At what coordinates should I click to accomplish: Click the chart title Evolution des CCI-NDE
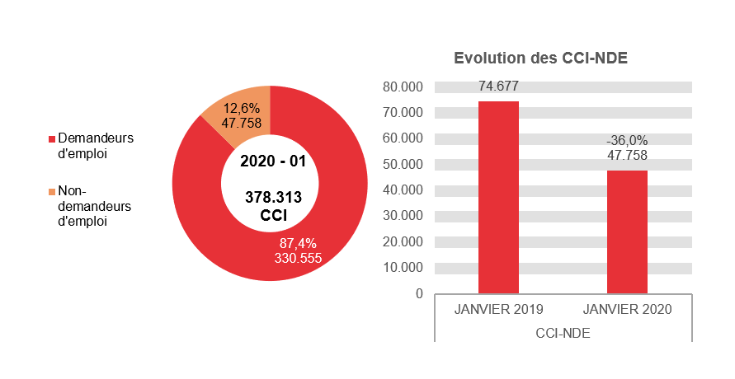(x=540, y=58)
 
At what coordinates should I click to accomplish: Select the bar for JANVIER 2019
(x=498, y=198)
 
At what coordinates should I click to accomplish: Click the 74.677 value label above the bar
(x=498, y=86)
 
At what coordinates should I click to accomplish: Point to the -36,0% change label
(x=627, y=141)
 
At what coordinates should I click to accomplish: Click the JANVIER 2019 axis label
(x=498, y=310)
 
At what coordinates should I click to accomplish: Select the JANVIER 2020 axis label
(x=627, y=310)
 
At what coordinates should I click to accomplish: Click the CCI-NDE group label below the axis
(x=563, y=333)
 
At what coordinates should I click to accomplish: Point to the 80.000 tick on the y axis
(x=403, y=87)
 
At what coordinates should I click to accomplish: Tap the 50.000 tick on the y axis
(x=403, y=164)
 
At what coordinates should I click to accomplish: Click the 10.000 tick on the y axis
(x=403, y=268)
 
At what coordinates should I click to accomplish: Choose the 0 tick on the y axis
(x=419, y=293)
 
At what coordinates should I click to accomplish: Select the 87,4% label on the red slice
(x=298, y=243)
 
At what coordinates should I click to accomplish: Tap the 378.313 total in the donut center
(x=273, y=198)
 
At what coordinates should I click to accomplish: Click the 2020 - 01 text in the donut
(x=272, y=161)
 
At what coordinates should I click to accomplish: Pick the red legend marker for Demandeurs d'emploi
(x=52, y=138)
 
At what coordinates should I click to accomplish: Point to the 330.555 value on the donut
(x=298, y=258)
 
